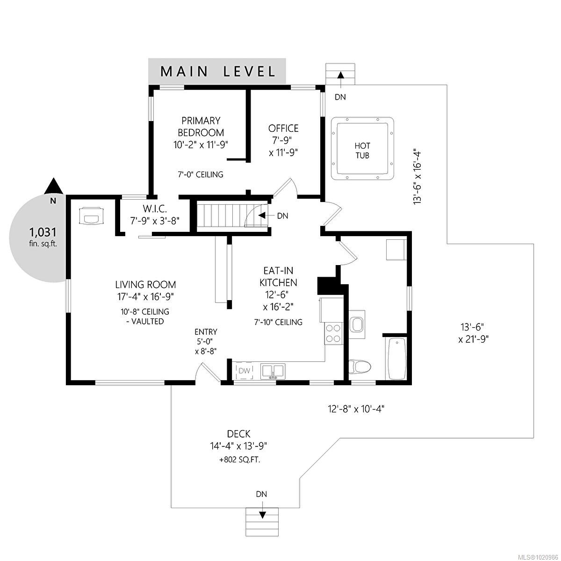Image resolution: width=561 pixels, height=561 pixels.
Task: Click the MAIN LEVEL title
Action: (x=218, y=72)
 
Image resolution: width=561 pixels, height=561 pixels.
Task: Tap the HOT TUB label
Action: (x=362, y=151)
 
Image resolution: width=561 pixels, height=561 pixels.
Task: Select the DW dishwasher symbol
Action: (x=244, y=371)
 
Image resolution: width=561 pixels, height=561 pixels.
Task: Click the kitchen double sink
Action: (x=273, y=371)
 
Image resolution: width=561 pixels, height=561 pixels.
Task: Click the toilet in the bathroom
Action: (x=360, y=366)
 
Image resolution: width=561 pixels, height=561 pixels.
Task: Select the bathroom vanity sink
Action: (x=357, y=324)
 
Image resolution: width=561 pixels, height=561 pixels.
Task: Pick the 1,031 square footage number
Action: (x=43, y=232)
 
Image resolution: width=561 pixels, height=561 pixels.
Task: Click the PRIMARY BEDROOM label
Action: (x=201, y=127)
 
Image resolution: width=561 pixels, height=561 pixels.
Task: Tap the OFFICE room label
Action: (x=283, y=129)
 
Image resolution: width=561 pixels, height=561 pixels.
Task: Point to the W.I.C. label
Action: (x=155, y=209)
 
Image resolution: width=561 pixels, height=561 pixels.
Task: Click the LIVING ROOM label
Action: (x=145, y=284)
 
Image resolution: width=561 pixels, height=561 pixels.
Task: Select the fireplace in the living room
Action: (x=91, y=216)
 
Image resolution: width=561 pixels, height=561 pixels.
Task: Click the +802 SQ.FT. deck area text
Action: (x=240, y=460)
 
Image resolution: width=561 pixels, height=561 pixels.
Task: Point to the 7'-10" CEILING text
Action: (x=278, y=322)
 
